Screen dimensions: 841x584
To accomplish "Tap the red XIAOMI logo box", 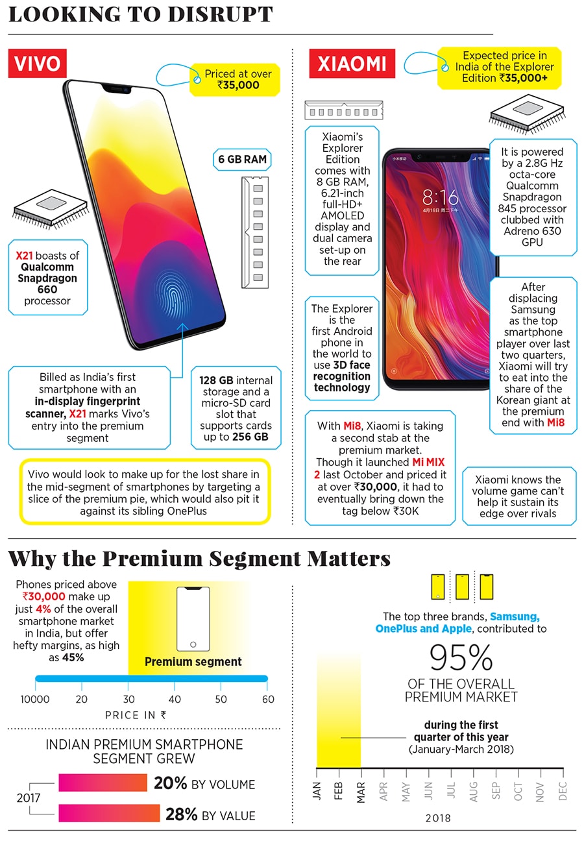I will click(x=351, y=64).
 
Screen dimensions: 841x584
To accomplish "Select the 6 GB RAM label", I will click(x=241, y=160).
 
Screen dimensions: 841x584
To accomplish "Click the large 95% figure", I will click(x=461, y=659).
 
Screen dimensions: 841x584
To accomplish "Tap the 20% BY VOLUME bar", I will click(x=103, y=783).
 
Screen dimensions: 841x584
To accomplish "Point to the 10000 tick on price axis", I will click(x=35, y=699).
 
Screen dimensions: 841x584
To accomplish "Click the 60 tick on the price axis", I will click(x=268, y=699).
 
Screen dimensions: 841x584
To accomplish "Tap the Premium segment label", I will click(x=193, y=662).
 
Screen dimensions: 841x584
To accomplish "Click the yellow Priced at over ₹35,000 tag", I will click(x=234, y=79).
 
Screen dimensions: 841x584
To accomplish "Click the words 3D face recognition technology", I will click(x=342, y=376).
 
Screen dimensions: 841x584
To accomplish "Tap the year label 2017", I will click(x=28, y=798).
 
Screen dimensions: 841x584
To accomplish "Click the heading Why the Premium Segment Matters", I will click(x=199, y=559).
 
